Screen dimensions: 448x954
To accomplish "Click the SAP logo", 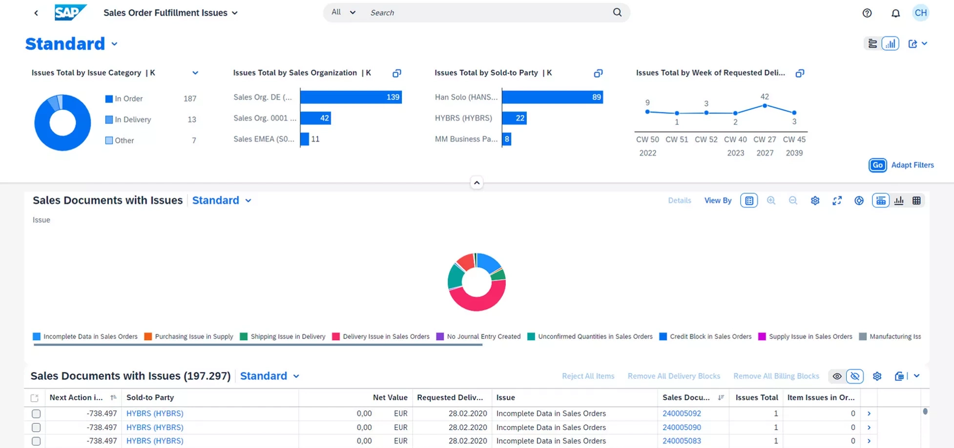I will [x=70, y=12].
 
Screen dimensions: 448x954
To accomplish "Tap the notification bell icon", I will [x=895, y=13].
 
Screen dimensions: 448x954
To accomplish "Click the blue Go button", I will [x=877, y=165].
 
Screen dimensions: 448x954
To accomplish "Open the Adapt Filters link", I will [x=912, y=165].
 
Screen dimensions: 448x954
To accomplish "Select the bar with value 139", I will [x=351, y=97].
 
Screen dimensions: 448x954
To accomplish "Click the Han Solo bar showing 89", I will [x=552, y=97].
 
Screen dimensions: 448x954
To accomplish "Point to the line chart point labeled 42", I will [x=765, y=105].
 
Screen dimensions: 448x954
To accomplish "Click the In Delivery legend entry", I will [x=132, y=120].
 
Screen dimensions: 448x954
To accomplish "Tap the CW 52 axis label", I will [x=706, y=139].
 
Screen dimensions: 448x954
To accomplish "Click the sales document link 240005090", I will [x=682, y=427].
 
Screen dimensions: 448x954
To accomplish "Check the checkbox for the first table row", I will [x=36, y=413].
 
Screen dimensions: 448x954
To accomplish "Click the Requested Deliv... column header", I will [x=450, y=397].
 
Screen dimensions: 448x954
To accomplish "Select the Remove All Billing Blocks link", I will [x=776, y=376].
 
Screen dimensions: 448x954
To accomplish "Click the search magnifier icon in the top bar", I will [x=617, y=12].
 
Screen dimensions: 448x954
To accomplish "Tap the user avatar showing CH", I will [x=920, y=13].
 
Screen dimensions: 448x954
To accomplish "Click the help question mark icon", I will [x=867, y=13].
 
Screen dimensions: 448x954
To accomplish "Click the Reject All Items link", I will [x=588, y=376].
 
